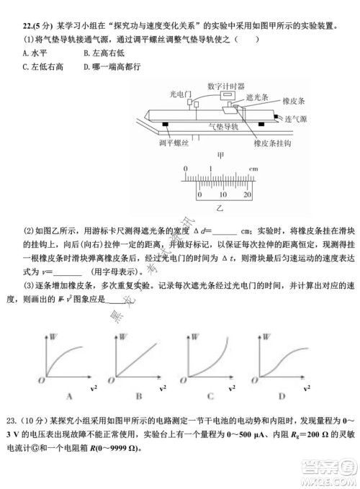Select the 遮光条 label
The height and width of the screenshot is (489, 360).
[258, 97]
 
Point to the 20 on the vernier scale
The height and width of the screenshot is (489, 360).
[247, 195]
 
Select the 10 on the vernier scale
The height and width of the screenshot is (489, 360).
[222, 195]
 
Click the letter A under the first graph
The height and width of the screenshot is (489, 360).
[70, 395]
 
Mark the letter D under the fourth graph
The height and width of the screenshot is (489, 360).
[282, 395]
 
